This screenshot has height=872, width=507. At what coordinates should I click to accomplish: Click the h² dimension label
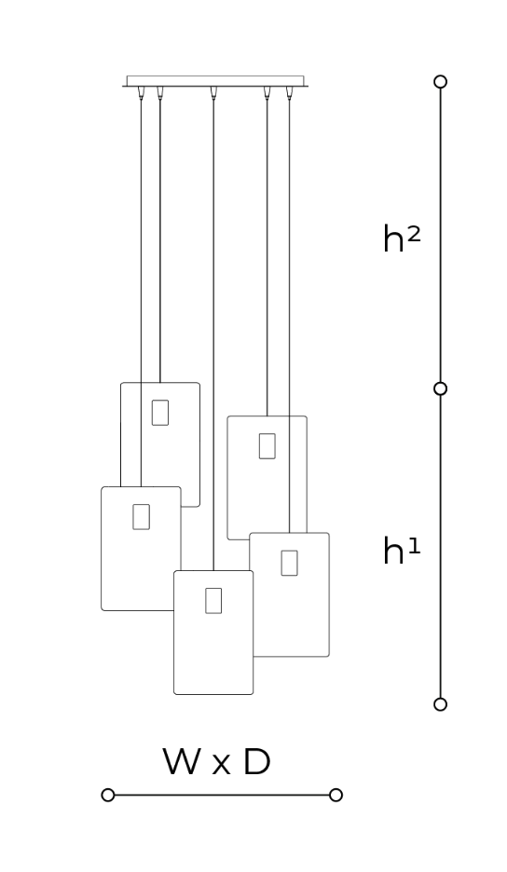click(402, 239)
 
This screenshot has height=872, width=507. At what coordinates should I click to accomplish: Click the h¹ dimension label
click(402, 551)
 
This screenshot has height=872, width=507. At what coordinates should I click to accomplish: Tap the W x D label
click(216, 761)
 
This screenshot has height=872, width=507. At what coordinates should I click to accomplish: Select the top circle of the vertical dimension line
click(440, 82)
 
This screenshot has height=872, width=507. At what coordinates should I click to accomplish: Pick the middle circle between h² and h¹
click(440, 388)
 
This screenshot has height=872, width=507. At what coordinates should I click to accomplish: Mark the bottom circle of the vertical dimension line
click(440, 704)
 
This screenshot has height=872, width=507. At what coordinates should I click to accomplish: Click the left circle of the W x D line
click(108, 795)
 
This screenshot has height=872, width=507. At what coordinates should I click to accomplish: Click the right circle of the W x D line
click(336, 795)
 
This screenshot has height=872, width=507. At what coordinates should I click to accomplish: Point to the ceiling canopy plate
click(215, 81)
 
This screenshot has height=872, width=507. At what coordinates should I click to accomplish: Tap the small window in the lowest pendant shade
click(213, 601)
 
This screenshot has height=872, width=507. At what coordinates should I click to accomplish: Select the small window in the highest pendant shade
click(160, 413)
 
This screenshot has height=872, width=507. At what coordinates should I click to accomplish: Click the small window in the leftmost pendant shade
click(141, 517)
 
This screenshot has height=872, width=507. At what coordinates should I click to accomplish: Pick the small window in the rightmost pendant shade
click(289, 563)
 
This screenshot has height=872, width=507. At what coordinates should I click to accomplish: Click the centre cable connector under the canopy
click(213, 92)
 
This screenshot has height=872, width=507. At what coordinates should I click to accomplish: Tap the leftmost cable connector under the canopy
click(141, 92)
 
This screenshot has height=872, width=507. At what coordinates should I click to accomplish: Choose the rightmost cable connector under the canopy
click(289, 92)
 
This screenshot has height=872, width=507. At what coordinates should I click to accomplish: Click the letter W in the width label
click(181, 761)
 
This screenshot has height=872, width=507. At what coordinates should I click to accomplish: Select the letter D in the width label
click(257, 761)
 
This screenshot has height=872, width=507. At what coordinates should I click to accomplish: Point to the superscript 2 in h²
click(414, 234)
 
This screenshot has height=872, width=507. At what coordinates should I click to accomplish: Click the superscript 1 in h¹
click(414, 546)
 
